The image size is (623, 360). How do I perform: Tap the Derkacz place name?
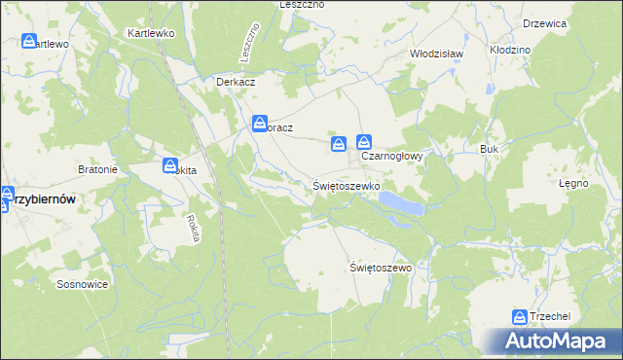[235, 82]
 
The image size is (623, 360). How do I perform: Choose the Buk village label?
[489, 149]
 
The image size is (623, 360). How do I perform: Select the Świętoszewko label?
[347, 184]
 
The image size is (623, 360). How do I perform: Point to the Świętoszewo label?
[381, 267]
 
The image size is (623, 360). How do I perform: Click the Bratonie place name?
[97, 169]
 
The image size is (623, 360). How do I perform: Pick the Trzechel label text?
[550, 317]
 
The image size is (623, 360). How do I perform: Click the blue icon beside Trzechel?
[520, 316]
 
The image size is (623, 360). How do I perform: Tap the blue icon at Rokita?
[170, 166]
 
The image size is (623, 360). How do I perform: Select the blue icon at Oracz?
[260, 124]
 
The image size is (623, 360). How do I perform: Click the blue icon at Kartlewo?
[28, 42]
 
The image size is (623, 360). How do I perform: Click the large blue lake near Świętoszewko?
[400, 202]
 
